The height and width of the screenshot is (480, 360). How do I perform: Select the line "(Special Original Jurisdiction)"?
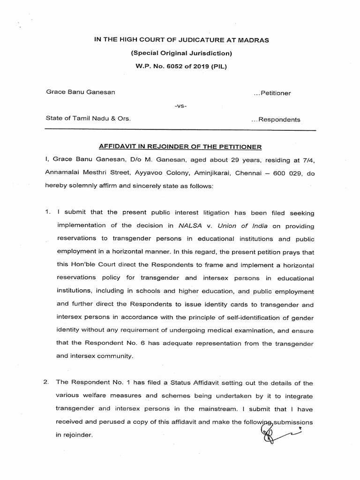181,53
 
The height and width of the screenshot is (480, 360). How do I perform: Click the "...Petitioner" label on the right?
272,93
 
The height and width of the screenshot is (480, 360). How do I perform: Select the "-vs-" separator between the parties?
180,106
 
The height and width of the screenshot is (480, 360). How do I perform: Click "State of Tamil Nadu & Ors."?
88,119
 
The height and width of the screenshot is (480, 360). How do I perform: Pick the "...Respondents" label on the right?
276,120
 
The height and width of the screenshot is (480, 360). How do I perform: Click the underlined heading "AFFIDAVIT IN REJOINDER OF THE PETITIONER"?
180,147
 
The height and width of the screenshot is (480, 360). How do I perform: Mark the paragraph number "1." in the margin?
47,213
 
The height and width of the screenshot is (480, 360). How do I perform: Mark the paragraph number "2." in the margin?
46,383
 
